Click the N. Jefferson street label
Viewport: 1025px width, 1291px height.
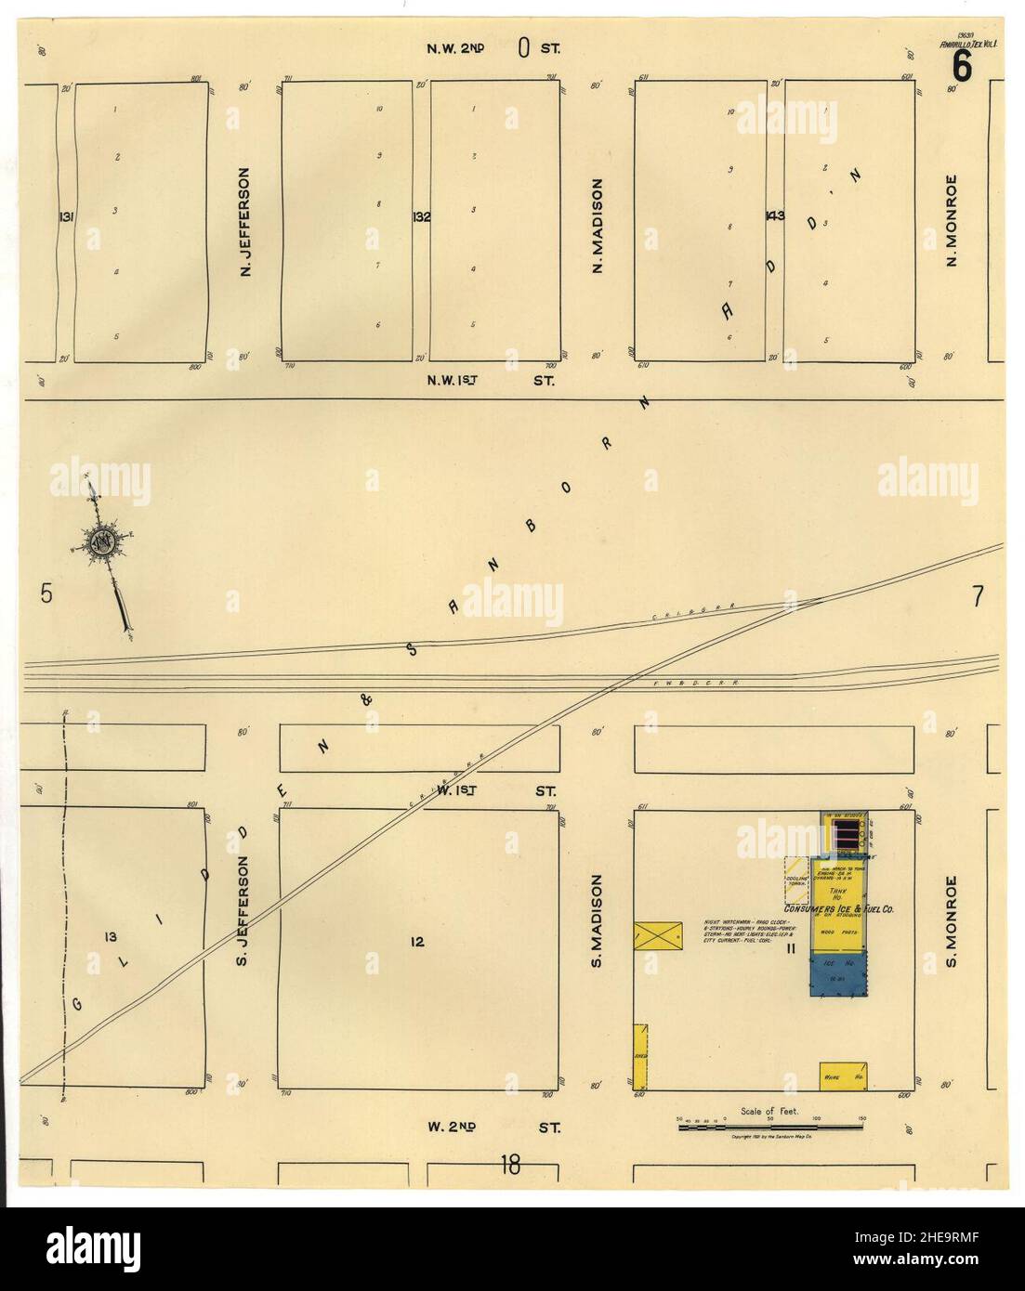[245, 222]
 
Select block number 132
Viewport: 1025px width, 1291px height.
[421, 216]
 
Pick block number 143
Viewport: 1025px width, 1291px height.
[774, 216]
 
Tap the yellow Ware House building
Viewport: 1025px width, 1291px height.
[844, 1075]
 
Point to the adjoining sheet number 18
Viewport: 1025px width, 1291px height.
[509, 1163]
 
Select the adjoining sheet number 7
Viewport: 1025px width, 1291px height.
[978, 596]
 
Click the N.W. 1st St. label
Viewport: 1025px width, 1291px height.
[490, 380]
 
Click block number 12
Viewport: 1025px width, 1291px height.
[417, 942]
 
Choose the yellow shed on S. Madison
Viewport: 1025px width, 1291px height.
[640, 1056]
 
